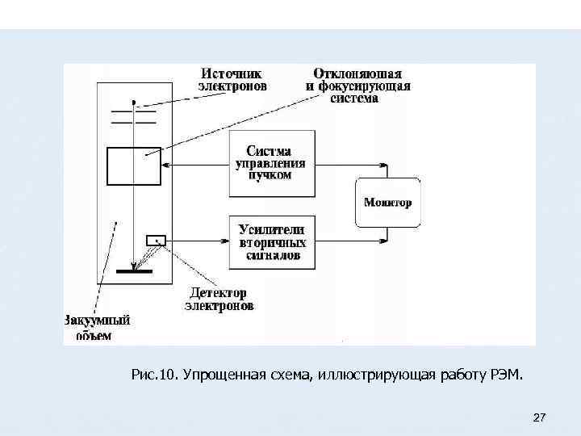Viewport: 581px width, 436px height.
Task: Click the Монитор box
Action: click(387, 203)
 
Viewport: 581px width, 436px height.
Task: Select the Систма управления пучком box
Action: click(270, 163)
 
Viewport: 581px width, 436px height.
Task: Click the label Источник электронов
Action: click(233, 78)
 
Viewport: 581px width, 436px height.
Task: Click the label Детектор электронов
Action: click(219, 299)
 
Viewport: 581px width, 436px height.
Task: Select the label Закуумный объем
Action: click(96, 327)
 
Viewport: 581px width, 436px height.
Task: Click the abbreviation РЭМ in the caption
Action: click(506, 375)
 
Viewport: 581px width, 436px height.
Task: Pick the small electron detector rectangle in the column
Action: click(155, 240)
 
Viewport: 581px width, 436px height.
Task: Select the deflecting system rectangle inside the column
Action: click(134, 166)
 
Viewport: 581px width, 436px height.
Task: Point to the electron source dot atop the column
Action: click(134, 103)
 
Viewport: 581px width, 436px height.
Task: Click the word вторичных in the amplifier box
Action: click(273, 242)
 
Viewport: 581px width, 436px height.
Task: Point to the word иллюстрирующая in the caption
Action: click(378, 375)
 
